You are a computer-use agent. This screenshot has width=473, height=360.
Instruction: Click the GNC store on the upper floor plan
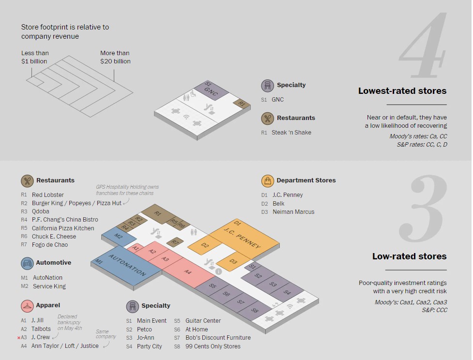tap(211, 90)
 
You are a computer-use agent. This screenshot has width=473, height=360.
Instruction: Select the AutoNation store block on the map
tap(127, 265)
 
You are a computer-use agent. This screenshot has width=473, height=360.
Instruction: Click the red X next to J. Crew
tap(19, 338)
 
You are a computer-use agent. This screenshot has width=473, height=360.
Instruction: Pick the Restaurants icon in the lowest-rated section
tap(267, 118)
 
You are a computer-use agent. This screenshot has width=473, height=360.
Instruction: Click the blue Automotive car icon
tap(27, 263)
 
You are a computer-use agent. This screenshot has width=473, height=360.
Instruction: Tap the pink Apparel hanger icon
tap(27, 306)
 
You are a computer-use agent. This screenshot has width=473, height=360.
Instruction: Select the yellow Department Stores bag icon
tap(268, 181)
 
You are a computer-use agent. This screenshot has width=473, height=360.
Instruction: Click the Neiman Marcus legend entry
tap(288, 212)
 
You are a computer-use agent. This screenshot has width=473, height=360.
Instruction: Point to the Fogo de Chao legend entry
tap(45, 245)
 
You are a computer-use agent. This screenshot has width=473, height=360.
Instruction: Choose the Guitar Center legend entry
tap(197, 321)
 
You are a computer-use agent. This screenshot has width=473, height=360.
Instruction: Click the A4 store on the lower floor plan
tap(188, 271)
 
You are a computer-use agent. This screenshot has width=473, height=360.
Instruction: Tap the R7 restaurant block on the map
tap(175, 242)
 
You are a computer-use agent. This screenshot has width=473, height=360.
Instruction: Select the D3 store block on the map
tap(233, 261)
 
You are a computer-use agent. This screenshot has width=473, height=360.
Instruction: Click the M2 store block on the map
tap(119, 236)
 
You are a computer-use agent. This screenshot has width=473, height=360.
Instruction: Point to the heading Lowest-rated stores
tap(402, 91)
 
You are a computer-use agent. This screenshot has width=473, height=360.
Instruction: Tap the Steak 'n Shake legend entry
tap(286, 133)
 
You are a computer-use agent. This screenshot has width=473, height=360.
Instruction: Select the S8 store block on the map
tap(255, 311)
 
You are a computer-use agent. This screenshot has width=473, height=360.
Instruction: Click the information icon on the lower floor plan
tap(218, 271)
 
